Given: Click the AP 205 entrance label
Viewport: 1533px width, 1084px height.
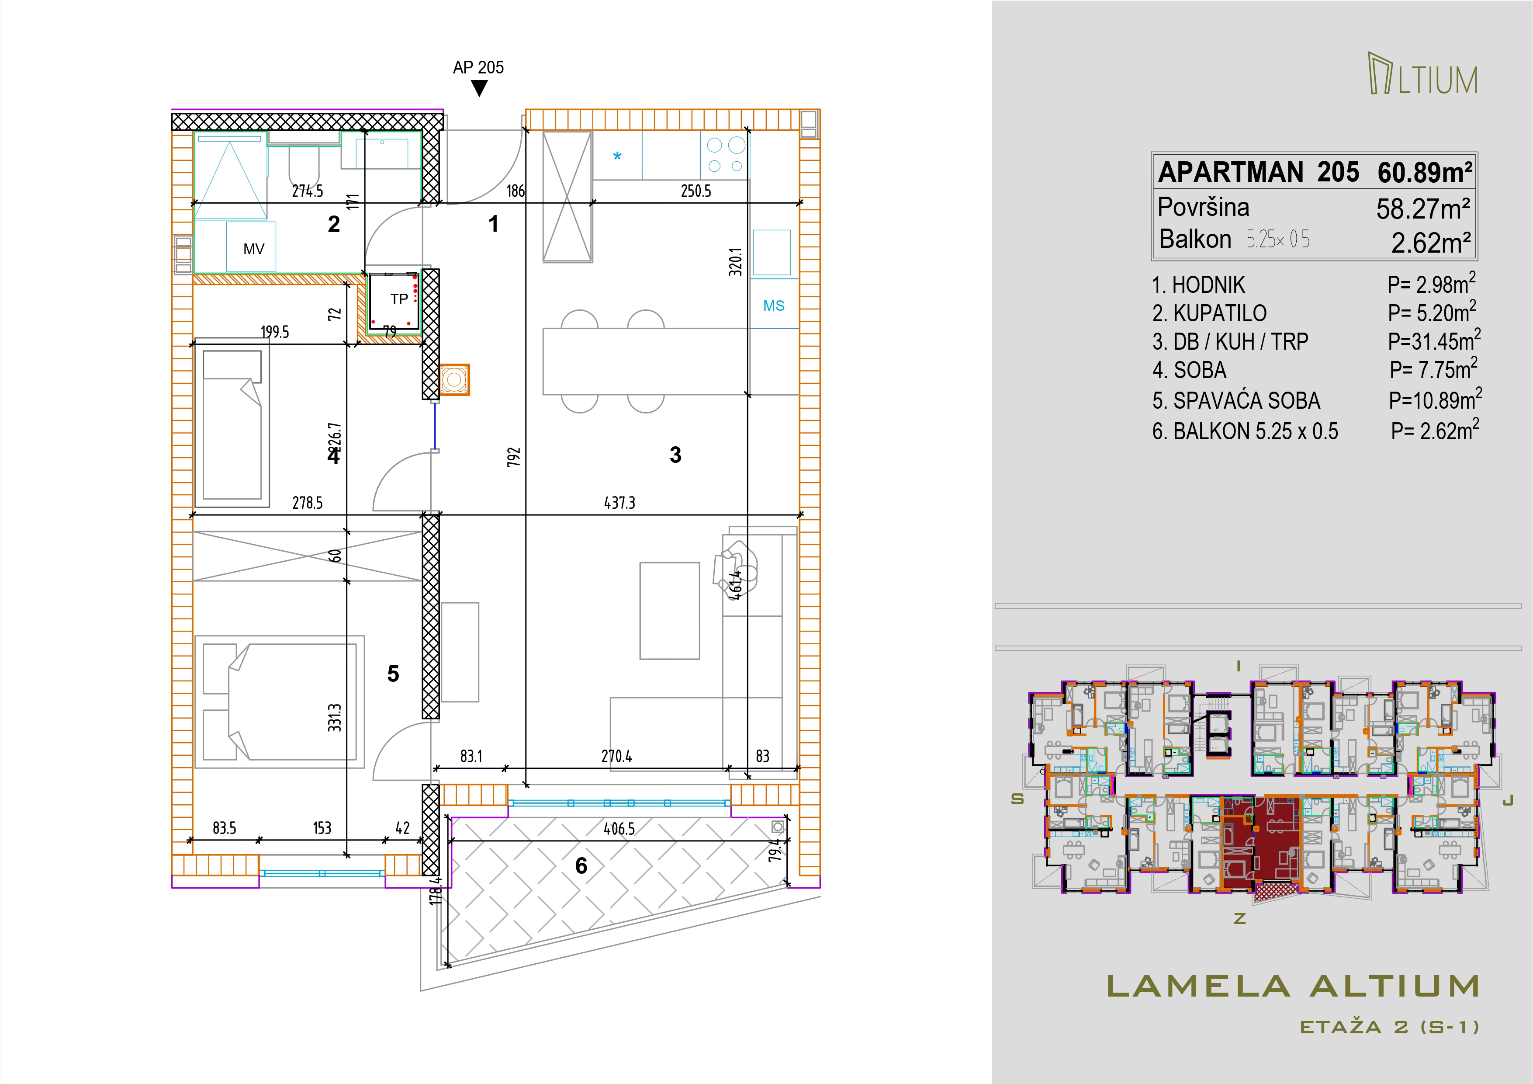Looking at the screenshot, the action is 478,67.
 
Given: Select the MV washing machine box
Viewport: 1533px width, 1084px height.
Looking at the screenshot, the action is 251,247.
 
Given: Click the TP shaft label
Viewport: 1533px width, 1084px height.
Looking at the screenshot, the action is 399,299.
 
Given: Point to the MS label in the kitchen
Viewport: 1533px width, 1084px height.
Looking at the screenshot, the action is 774,306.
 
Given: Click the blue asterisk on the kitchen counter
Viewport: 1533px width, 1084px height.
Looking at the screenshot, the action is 618,157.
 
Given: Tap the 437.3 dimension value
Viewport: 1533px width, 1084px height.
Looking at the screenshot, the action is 619,502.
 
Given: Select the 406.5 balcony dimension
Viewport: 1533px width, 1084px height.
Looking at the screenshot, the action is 619,829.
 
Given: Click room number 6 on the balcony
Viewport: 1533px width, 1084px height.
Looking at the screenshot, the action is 581,865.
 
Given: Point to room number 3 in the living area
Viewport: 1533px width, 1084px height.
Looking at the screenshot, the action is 676,455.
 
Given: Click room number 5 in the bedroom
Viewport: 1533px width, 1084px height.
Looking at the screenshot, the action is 393,674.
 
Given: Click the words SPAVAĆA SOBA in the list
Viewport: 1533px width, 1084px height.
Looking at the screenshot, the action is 1246,401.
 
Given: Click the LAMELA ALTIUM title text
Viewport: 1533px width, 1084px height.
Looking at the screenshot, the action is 1293,987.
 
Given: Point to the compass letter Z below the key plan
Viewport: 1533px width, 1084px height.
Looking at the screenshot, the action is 1240,919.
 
